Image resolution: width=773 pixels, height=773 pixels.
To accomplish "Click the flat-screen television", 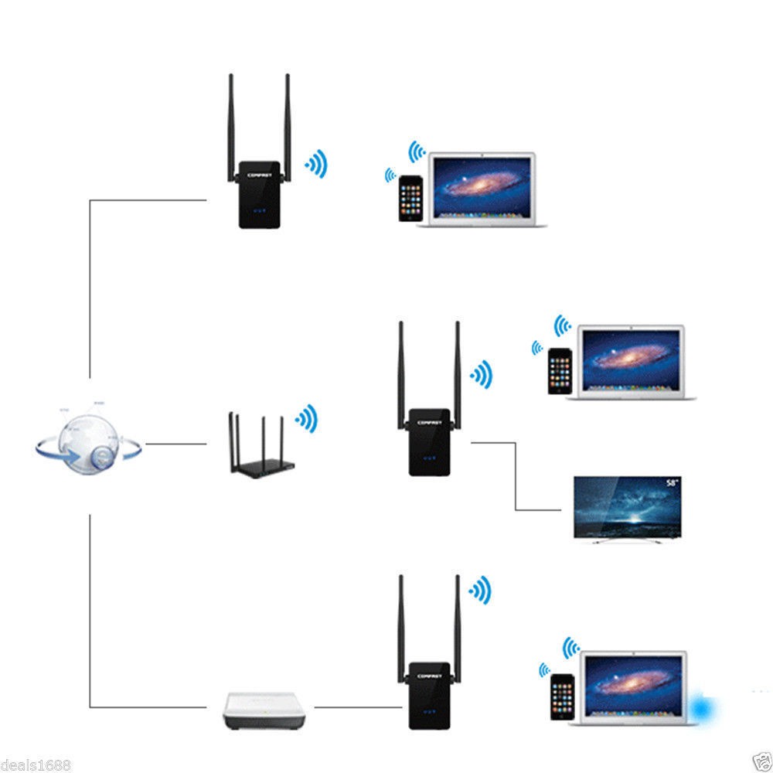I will coord(628,508).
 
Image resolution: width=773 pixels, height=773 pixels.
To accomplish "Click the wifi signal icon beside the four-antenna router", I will coord(307,418).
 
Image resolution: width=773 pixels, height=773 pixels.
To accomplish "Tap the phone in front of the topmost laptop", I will coord(410,199).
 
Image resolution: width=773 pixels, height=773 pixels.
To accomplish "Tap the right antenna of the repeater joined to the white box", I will coord(458,618).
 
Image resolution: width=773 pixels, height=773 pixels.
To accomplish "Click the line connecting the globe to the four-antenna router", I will coord(176,444).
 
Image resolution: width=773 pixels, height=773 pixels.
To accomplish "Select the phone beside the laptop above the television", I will coord(560,371).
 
